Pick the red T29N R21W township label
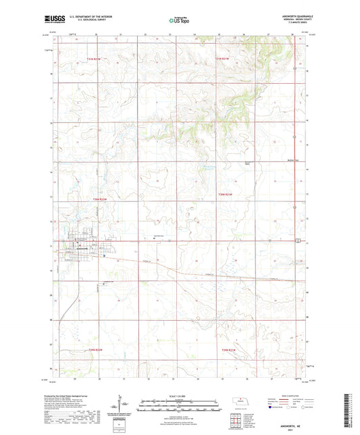226,349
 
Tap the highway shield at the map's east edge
297,240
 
